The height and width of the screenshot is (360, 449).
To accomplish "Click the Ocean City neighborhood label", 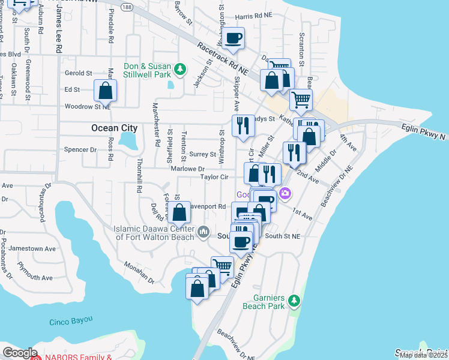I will click(114, 128).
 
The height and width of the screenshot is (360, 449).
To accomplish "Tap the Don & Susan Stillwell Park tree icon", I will click(179, 70).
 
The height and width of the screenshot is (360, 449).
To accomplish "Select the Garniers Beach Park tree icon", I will click(293, 299).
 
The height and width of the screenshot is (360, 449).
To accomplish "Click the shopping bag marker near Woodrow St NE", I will click(106, 91).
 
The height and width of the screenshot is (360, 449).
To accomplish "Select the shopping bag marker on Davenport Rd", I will click(179, 212).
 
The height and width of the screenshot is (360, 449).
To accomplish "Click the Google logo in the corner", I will click(20, 353).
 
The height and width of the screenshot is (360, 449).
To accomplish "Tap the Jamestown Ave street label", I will click(35, 248).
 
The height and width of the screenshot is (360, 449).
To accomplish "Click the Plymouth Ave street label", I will click(35, 277).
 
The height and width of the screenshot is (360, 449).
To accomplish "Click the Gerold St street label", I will click(78, 73).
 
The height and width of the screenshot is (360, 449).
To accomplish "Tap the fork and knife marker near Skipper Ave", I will click(242, 127).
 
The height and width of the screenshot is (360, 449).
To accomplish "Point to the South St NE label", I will click(282, 236).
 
